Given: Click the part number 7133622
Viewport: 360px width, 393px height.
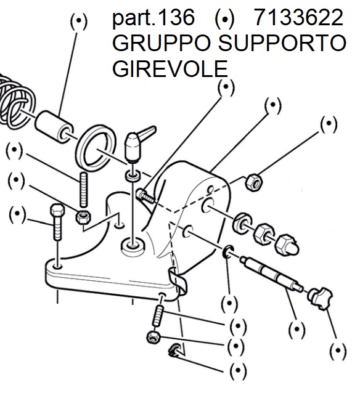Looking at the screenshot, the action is coord(298,17).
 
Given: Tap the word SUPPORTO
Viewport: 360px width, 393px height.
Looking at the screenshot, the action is coord(282,43).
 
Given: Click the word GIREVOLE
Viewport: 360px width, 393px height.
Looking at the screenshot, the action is coord(170,68).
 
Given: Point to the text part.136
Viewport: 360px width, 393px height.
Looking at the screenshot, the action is coord(153,18).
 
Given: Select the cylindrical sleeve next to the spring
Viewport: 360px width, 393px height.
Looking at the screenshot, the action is coord(54,126).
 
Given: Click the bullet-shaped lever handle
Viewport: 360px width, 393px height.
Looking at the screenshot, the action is coord(137,144).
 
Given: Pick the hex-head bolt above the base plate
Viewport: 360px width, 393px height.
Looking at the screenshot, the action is coord(57,222).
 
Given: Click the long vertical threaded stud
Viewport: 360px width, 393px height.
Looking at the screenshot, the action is coord(84,190).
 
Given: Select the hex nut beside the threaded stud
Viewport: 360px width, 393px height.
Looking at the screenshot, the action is coord(83,217).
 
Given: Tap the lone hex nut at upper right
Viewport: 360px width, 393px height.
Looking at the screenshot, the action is coord(253,182).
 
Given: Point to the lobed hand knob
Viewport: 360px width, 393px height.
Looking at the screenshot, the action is coord(319,298).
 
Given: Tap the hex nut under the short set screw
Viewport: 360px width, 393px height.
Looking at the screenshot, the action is coord(153,337).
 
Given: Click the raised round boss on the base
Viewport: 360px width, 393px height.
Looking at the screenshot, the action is coord(133,247).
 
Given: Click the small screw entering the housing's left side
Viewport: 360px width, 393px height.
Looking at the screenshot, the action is coord(145,197).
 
